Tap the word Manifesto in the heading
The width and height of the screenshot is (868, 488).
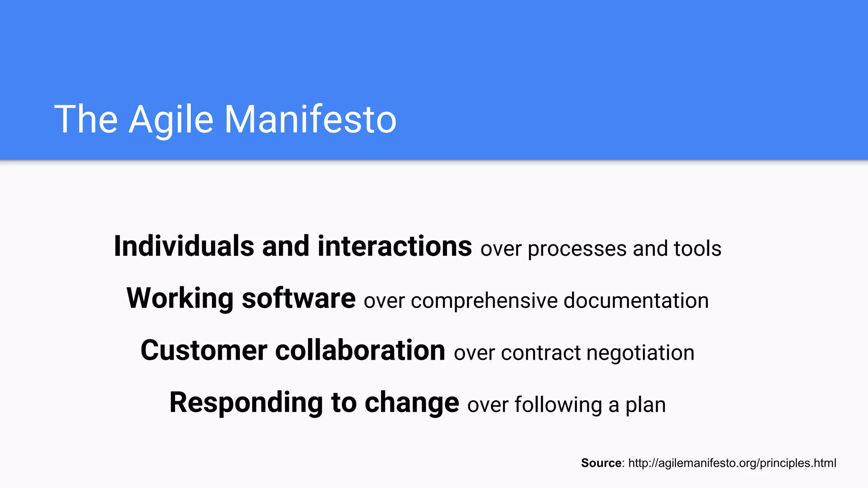click(310, 120)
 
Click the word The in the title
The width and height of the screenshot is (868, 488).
click(86, 120)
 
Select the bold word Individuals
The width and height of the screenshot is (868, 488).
click(184, 247)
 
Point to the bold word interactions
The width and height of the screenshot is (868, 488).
click(394, 247)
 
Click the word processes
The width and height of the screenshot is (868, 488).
click(577, 249)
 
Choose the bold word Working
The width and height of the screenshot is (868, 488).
click(180, 299)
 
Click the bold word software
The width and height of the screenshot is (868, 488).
click(298, 299)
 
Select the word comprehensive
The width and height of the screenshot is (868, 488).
click(484, 301)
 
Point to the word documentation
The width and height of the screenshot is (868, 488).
click(636, 301)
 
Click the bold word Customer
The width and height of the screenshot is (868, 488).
click(203, 351)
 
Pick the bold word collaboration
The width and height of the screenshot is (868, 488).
click(360, 351)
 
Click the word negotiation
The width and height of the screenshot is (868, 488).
click(640, 353)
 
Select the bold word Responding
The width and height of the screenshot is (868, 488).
click(246, 403)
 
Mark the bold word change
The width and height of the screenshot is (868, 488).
click(412, 403)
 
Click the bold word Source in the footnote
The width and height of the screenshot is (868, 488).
click(601, 463)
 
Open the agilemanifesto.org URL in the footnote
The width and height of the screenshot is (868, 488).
click(732, 463)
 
